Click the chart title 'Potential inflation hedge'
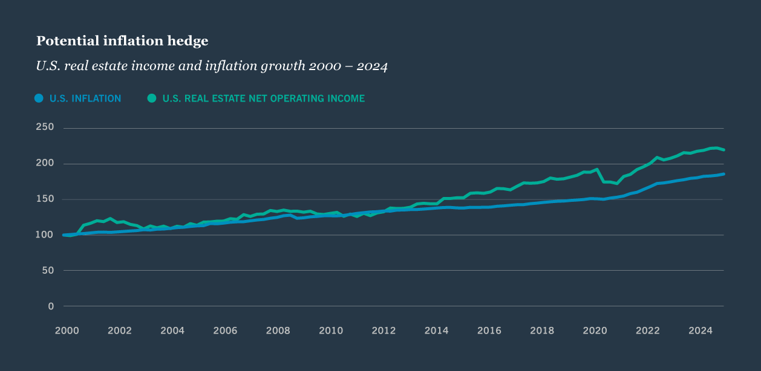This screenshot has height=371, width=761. click(x=122, y=41)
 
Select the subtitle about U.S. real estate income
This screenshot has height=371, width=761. click(x=212, y=66)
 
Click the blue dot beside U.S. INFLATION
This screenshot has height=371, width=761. click(x=39, y=98)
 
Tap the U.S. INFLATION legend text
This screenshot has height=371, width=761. click(x=85, y=98)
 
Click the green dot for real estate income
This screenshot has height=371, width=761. click(x=152, y=98)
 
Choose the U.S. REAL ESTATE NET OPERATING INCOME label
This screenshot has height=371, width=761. click(x=263, y=98)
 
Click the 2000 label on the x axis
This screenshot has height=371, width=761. click(x=67, y=331)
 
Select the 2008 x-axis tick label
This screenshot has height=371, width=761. click(x=278, y=331)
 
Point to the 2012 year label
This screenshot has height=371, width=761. click(x=384, y=331)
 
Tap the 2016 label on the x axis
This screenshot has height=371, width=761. click(x=489, y=331)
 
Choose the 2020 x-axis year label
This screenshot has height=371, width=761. click(x=595, y=331)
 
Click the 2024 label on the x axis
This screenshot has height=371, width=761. click(x=701, y=331)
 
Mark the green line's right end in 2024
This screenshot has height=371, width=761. click(x=723, y=150)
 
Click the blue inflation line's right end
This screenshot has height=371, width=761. click(x=723, y=174)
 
